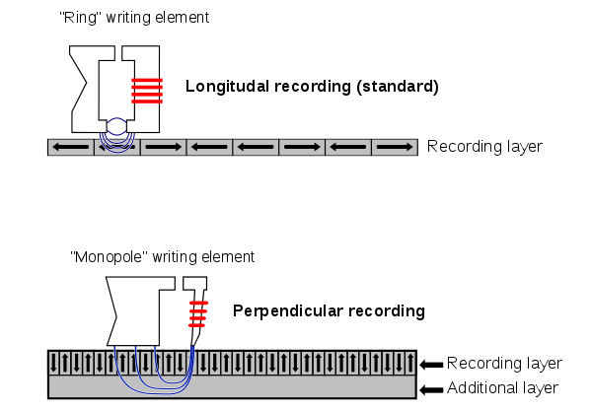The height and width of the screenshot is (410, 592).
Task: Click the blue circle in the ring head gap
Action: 117,127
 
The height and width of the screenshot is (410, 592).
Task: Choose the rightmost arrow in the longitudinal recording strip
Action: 396,148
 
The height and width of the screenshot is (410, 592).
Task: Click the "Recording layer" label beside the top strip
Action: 483,147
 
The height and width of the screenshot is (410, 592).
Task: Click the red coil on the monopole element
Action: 197,313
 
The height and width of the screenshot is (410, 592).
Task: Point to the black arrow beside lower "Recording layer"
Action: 431,364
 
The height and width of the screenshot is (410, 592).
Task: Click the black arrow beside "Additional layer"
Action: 431,388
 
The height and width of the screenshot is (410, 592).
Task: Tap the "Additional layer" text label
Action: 504,388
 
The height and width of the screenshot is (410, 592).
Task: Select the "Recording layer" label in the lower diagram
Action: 504,364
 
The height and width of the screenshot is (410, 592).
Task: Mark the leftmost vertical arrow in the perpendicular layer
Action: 55,362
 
